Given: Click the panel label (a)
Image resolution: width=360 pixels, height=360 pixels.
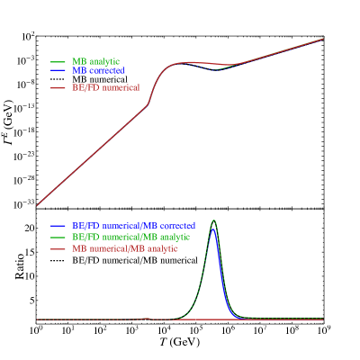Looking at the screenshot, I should click(42, 42).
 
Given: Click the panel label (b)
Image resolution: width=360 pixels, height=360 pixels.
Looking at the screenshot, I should click(42, 216).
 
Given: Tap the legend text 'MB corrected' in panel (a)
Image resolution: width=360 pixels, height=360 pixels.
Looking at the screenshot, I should click(98, 69).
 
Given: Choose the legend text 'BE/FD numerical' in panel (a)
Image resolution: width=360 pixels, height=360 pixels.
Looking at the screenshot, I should click(105, 87).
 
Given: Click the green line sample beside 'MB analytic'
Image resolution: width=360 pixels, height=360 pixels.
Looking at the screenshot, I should click(58, 61).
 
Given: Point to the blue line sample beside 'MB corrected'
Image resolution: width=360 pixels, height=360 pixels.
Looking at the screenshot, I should click(58, 69).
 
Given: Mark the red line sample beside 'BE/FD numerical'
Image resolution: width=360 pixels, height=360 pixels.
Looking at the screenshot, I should click(58, 87).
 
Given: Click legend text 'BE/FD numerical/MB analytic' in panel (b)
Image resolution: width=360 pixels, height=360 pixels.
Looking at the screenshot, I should click(131, 236).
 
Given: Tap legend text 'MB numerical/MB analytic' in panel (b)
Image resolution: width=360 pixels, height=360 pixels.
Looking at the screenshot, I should click(125, 247).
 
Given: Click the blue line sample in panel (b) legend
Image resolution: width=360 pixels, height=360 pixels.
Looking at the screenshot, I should click(58, 225).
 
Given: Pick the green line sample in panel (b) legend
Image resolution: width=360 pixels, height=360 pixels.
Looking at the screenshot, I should click(58, 236).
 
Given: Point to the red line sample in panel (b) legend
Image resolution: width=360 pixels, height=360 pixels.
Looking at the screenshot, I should click(58, 247).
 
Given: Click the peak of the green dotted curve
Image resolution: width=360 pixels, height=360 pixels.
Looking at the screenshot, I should click(213, 220).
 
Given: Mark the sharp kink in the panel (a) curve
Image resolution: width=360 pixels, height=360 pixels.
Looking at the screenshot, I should click(148, 103).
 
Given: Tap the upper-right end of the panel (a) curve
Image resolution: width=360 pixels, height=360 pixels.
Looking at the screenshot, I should click(323, 39).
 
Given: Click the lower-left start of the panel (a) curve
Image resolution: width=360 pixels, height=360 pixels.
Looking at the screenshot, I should click(37, 205).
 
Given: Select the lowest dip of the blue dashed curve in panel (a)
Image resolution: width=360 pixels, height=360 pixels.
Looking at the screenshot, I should click(219, 69).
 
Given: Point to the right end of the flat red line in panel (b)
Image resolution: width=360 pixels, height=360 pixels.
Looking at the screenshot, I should click(323, 319).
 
